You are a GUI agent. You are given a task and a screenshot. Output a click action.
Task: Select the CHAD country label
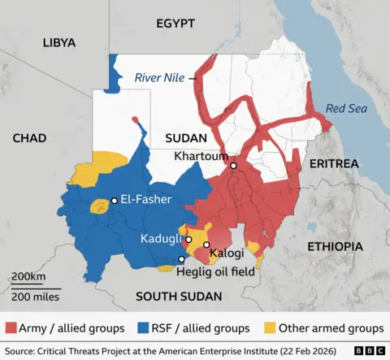coord(29,139)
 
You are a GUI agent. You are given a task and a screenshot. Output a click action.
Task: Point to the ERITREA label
coord(333,163)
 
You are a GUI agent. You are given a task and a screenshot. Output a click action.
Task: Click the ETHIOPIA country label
coord(334,245)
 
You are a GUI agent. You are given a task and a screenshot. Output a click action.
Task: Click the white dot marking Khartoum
coord(233,166)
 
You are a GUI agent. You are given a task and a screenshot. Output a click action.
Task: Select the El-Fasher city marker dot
coord(115,200)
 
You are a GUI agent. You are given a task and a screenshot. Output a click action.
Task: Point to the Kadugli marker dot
coord(188,240)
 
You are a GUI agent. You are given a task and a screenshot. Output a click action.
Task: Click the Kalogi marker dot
coord(206,245)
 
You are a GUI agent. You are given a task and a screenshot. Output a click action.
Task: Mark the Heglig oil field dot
coord(181,260)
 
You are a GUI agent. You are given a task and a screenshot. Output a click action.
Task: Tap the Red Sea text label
coord(341,108)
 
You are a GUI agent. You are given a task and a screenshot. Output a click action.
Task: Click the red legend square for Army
coord(11,328)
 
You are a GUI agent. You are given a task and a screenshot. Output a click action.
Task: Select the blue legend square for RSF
coord(143,328)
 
